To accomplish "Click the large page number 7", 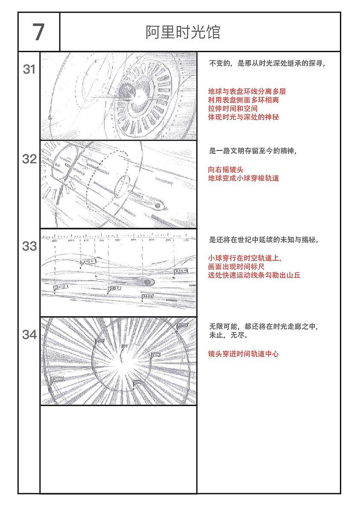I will coord(38,32).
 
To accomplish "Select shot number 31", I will coord(29,69).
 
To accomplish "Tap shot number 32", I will coord(29,159).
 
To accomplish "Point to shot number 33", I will coord(29,247).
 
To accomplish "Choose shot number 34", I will coord(29,335).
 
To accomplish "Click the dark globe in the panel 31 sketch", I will coord(126,91).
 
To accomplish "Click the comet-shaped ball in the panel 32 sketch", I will coord(158,206).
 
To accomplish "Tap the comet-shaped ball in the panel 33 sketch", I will coord(147,282).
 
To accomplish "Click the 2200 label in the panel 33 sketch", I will coord(180,271).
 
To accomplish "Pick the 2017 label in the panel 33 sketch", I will coord(60,288).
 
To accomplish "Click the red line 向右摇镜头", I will coord(225,170).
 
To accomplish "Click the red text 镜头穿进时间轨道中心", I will coord(243,353).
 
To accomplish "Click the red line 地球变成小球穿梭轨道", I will coord(243,178).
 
